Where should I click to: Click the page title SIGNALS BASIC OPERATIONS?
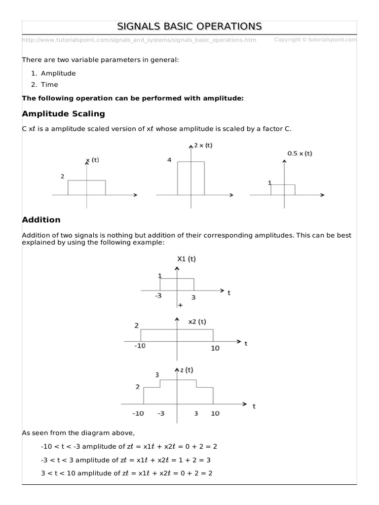click(189, 26)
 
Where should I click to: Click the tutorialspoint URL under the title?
click(139, 40)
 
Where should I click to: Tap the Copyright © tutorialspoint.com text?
click(315, 39)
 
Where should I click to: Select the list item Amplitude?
click(58, 73)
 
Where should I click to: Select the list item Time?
click(49, 84)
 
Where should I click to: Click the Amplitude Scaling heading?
click(64, 113)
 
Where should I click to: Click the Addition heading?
click(41, 219)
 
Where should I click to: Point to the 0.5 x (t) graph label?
click(300, 153)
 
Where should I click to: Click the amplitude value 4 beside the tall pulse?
click(169, 160)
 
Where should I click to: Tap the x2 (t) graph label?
click(197, 322)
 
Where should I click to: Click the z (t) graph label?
click(187, 370)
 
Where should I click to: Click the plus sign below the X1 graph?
click(180, 305)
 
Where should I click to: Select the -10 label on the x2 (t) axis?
click(140, 347)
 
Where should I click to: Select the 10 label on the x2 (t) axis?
click(215, 348)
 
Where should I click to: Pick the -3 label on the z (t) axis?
click(161, 413)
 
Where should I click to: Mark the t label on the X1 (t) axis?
click(229, 292)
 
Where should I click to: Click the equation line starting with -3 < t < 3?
click(129, 460)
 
